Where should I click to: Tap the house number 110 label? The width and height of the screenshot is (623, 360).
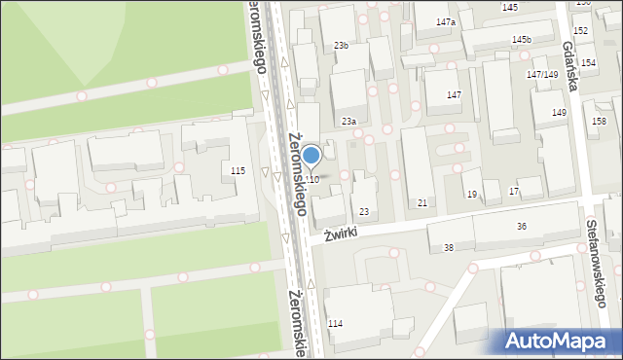point(311,180)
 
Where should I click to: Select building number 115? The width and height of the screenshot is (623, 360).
point(238,171)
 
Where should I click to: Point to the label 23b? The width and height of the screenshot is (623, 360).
point(341,46)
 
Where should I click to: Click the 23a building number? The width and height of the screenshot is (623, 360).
point(348,122)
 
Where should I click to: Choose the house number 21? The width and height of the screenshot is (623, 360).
point(421,202)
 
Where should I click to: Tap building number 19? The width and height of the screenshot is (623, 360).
point(471,195)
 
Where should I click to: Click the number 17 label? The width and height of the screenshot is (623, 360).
point(513,192)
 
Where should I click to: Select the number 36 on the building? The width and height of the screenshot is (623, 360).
point(522,227)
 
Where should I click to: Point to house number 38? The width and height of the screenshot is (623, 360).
point(448,248)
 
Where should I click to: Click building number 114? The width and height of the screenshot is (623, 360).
point(336,323)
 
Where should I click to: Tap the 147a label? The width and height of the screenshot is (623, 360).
point(446,21)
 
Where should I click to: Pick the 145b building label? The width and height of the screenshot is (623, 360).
point(522,40)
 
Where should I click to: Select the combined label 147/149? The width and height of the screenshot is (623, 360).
point(542,75)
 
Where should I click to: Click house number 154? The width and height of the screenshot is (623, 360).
point(588,62)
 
